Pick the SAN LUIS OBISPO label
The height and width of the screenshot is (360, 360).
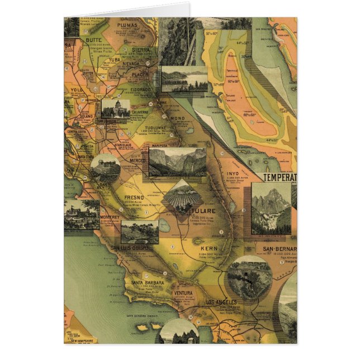[x=130, y=248]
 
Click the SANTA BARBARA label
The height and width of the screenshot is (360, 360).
[x=147, y=282]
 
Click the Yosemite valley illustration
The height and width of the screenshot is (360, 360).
[x=177, y=162]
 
